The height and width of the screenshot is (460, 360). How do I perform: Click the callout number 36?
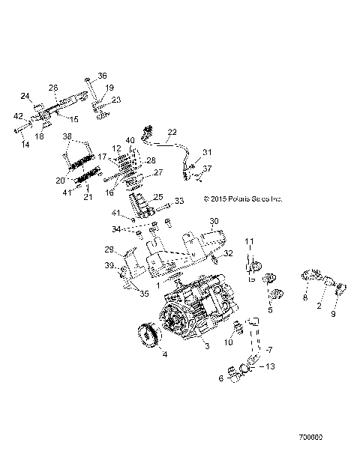103,76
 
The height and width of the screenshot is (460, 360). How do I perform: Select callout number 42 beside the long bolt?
18,115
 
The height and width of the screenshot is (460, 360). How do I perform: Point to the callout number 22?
172,132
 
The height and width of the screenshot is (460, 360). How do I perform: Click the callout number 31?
207,152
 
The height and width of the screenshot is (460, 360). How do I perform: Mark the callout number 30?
214,221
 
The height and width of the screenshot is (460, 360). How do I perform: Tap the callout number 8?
305,297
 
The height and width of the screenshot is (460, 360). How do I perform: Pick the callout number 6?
220,379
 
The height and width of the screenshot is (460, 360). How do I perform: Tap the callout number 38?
67,137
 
